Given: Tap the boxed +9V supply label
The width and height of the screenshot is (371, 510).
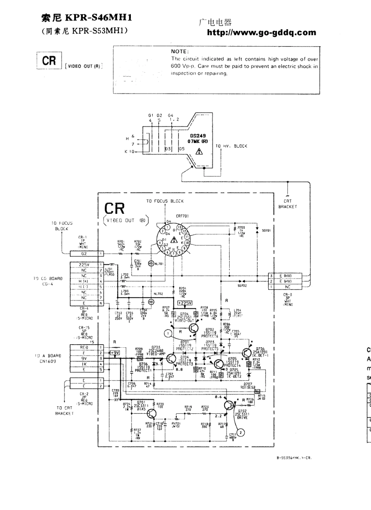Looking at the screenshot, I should click(x=115, y=352).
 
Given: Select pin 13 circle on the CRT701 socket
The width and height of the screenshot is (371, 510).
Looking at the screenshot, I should click(x=180, y=227).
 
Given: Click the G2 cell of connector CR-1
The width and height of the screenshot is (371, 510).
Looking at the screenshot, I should click(x=84, y=254).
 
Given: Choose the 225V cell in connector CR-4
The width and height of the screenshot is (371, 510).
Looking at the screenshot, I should click(x=84, y=265).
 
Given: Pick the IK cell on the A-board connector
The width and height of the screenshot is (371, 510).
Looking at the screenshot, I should click(x=84, y=364).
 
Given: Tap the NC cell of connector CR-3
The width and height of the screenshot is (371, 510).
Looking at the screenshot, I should click(x=287, y=287).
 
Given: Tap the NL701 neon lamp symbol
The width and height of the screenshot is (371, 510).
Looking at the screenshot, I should click(x=150, y=264).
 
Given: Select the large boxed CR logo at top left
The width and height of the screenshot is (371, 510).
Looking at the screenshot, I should click(x=49, y=61).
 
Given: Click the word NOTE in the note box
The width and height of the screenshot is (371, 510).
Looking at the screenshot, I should click(x=180, y=51).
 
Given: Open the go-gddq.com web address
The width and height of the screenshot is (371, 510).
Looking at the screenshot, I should click(x=261, y=33).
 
